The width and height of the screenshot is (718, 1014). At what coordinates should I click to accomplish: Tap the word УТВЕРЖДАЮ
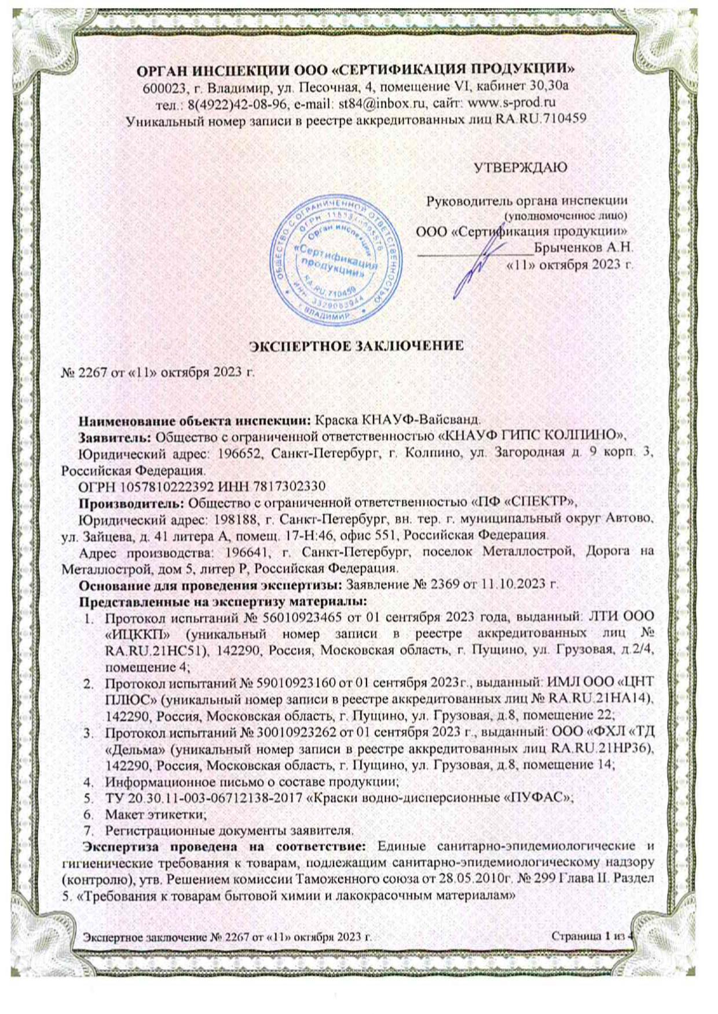[520, 168]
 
